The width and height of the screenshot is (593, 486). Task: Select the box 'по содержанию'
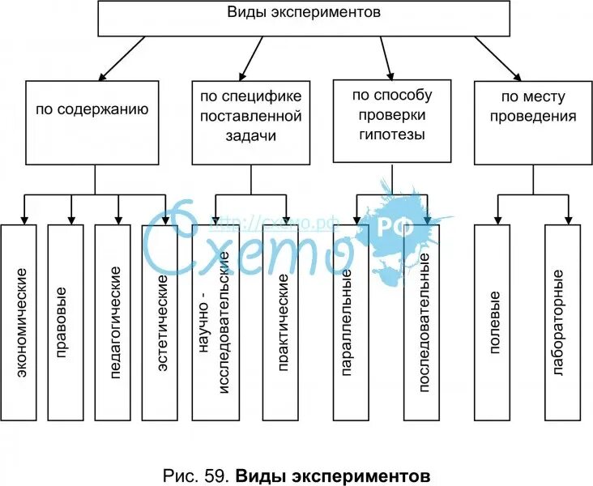(95, 122)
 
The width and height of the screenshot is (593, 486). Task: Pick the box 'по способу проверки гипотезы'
(392, 122)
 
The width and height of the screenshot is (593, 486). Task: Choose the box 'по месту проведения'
(531, 122)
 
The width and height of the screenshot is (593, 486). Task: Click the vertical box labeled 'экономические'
(19, 322)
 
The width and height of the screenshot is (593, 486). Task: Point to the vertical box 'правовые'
(66, 322)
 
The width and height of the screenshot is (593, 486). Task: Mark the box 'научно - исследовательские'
(216, 322)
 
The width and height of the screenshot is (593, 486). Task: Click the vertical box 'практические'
(284, 322)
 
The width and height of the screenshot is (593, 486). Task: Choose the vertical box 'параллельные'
(345, 322)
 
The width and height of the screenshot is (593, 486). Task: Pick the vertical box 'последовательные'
(422, 322)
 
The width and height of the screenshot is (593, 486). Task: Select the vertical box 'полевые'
(493, 322)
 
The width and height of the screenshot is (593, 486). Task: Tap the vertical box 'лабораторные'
(563, 322)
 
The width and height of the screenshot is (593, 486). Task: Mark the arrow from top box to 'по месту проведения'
(497, 58)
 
